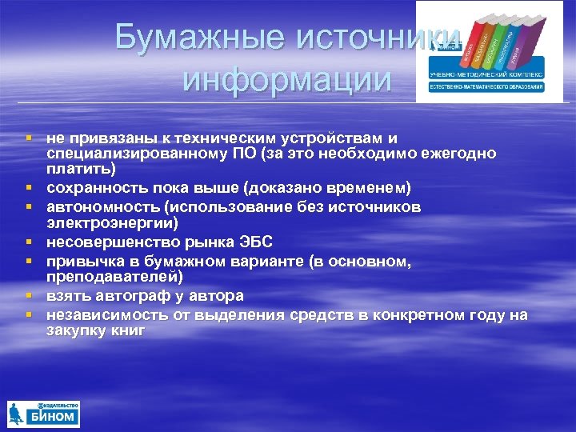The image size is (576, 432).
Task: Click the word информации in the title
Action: click(x=288, y=80)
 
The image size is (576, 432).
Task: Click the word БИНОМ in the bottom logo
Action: click(x=54, y=417)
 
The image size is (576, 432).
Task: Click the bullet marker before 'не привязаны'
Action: click(x=29, y=138)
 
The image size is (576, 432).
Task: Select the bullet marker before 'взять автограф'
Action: click(x=29, y=295)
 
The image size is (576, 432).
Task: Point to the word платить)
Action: click(x=80, y=168)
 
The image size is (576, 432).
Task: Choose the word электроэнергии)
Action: click(x=111, y=222)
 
